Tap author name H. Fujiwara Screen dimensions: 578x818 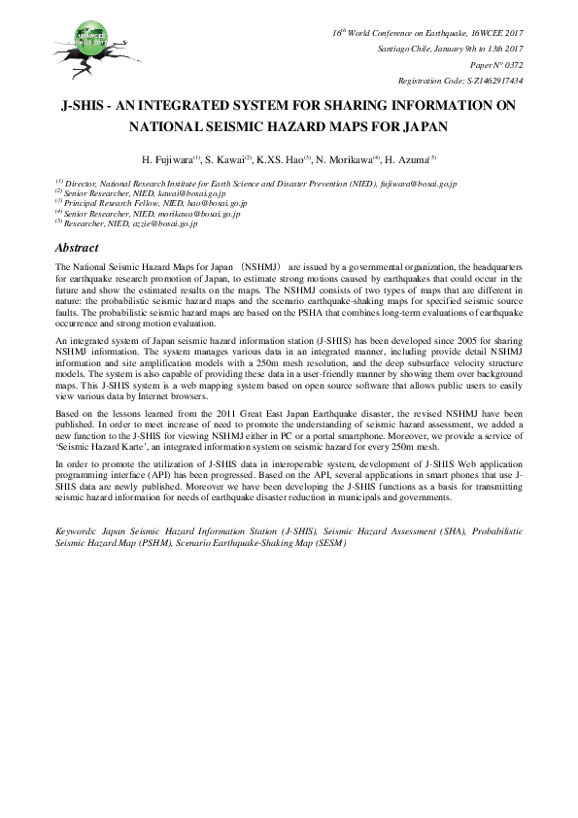pos(171,158)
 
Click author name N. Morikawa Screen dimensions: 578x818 pos(345,158)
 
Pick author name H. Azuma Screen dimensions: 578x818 pos(407,158)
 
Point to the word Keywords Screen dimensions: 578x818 pos(77,532)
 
